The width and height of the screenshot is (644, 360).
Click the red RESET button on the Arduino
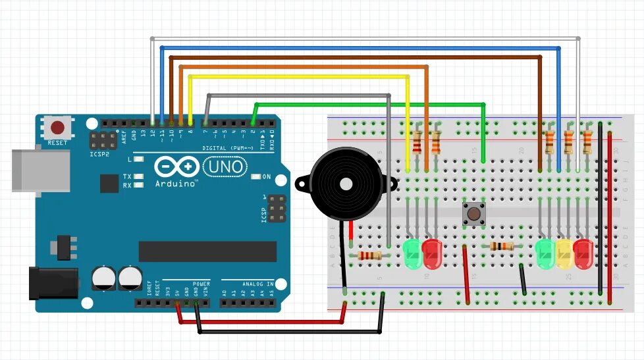point(57,127)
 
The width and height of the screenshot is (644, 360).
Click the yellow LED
point(564,253)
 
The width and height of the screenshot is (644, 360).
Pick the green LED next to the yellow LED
point(546,253)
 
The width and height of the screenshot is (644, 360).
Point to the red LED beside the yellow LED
point(583,253)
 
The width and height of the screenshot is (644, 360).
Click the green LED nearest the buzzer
point(412,253)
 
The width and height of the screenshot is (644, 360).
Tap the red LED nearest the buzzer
point(432,253)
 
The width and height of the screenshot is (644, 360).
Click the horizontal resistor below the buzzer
point(369,255)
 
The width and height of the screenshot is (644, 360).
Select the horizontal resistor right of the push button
point(502,246)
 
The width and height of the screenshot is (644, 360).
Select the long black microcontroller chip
point(207,251)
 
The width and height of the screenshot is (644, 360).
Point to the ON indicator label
point(267,176)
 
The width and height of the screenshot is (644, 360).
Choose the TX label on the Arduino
point(126,176)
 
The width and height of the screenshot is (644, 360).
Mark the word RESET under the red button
point(57,143)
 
